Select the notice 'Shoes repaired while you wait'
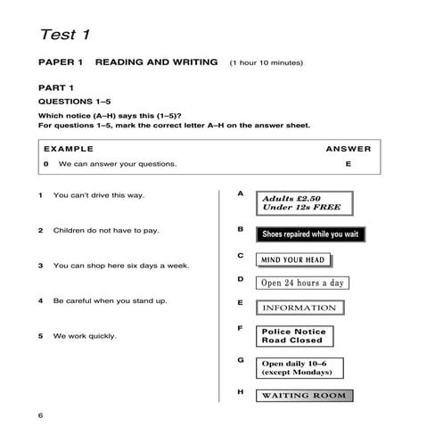(309, 234)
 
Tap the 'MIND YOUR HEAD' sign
(292, 260)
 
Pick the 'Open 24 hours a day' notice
(301, 283)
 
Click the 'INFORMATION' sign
(300, 308)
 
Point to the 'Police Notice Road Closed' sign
(293, 336)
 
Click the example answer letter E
(349, 164)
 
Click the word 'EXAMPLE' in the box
(69, 149)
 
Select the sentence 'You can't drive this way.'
(99, 194)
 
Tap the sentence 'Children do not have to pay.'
(106, 230)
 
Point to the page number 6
(40, 415)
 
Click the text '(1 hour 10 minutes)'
(266, 62)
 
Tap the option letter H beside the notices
(240, 391)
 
